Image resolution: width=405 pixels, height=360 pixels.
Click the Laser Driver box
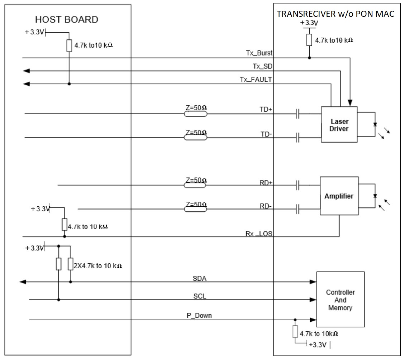(339, 124)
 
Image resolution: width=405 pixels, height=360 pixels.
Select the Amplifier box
(339, 196)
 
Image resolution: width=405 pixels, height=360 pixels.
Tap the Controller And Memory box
(340, 300)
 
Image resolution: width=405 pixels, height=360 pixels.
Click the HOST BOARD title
(67, 19)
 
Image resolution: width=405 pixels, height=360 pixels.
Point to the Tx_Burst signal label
(262, 53)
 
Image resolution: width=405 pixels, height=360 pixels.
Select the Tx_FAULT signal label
(256, 80)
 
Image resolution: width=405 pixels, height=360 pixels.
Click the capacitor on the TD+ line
(297, 114)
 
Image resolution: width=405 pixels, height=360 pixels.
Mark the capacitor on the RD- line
(297, 209)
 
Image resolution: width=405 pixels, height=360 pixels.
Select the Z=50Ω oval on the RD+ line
(195, 185)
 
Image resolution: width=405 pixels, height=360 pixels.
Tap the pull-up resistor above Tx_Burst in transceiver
(309, 40)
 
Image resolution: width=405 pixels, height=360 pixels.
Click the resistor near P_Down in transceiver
(295, 332)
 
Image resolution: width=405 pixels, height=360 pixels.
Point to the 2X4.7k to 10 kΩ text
(97, 266)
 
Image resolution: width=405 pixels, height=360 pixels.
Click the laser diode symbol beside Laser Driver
(375, 125)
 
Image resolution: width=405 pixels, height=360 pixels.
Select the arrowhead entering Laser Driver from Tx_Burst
(350, 102)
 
